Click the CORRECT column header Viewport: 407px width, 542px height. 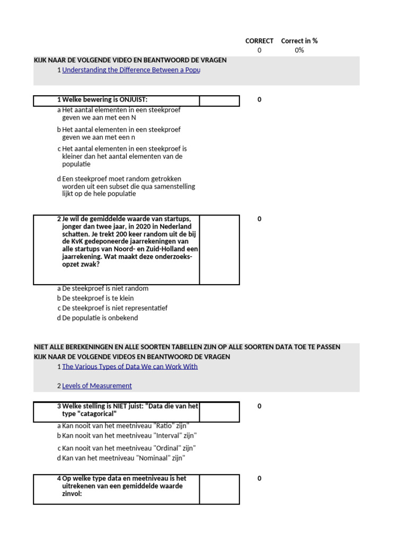pyautogui.click(x=259, y=41)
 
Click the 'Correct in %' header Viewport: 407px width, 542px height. pyautogui.click(x=299, y=41)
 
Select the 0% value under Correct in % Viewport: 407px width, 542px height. pyautogui.click(x=299, y=50)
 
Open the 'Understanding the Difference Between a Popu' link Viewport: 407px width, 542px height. pyautogui.click(x=131, y=70)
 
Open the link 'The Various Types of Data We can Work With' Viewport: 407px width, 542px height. pyautogui.click(x=130, y=366)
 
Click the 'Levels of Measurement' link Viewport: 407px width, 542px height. pyautogui.click(x=97, y=386)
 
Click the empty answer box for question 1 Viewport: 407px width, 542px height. pyautogui.click(x=219, y=101)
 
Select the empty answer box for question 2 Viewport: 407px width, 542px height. pyautogui.click(x=219, y=249)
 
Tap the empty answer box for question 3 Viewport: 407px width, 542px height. pyautogui.click(x=219, y=412)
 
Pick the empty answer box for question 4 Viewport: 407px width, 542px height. pyautogui.click(x=219, y=489)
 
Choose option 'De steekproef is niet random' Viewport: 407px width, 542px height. pyautogui.click(x=105, y=288)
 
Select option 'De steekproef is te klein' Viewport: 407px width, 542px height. pyautogui.click(x=98, y=298)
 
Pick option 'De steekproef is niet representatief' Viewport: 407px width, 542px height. pyautogui.click(x=114, y=308)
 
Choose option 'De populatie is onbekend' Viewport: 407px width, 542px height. pyautogui.click(x=100, y=318)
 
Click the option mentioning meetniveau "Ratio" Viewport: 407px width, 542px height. pyautogui.click(x=126, y=426)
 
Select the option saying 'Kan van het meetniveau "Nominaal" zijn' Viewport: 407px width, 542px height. pyautogui.click(x=123, y=458)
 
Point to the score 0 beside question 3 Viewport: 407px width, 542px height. pyautogui.click(x=259, y=406)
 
